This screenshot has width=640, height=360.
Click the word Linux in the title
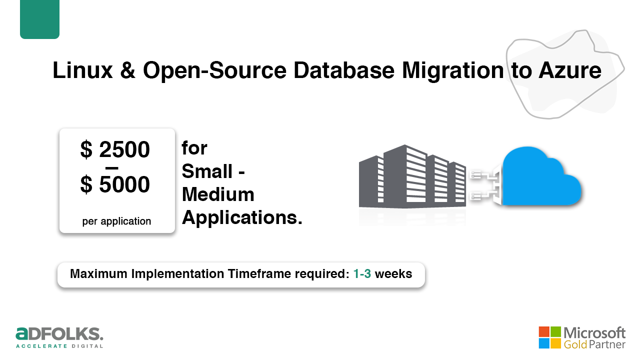pos(82,70)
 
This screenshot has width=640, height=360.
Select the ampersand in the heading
pos(127,70)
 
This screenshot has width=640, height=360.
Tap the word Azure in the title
pos(570,70)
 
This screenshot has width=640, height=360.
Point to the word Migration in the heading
pos(453,71)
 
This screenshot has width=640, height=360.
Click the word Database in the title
pos(344,70)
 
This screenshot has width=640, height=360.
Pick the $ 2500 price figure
pos(115,149)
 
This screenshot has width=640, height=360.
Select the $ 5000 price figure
pos(115,184)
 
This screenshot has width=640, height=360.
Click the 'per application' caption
pos(116,221)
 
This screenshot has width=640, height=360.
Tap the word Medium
pos(218,194)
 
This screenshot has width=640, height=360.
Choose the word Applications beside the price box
pos(242,218)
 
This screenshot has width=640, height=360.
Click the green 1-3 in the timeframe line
pos(362,273)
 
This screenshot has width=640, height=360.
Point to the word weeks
pos(393,273)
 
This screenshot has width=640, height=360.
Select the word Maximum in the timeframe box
pos(98,273)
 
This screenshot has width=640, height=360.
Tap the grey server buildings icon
pos(412,176)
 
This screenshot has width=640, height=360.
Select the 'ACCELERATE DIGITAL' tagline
pos(59,346)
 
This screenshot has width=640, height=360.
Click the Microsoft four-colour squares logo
pos(549,337)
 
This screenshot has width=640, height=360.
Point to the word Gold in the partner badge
pos(575,344)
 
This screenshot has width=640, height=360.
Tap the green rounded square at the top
pos(39,19)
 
